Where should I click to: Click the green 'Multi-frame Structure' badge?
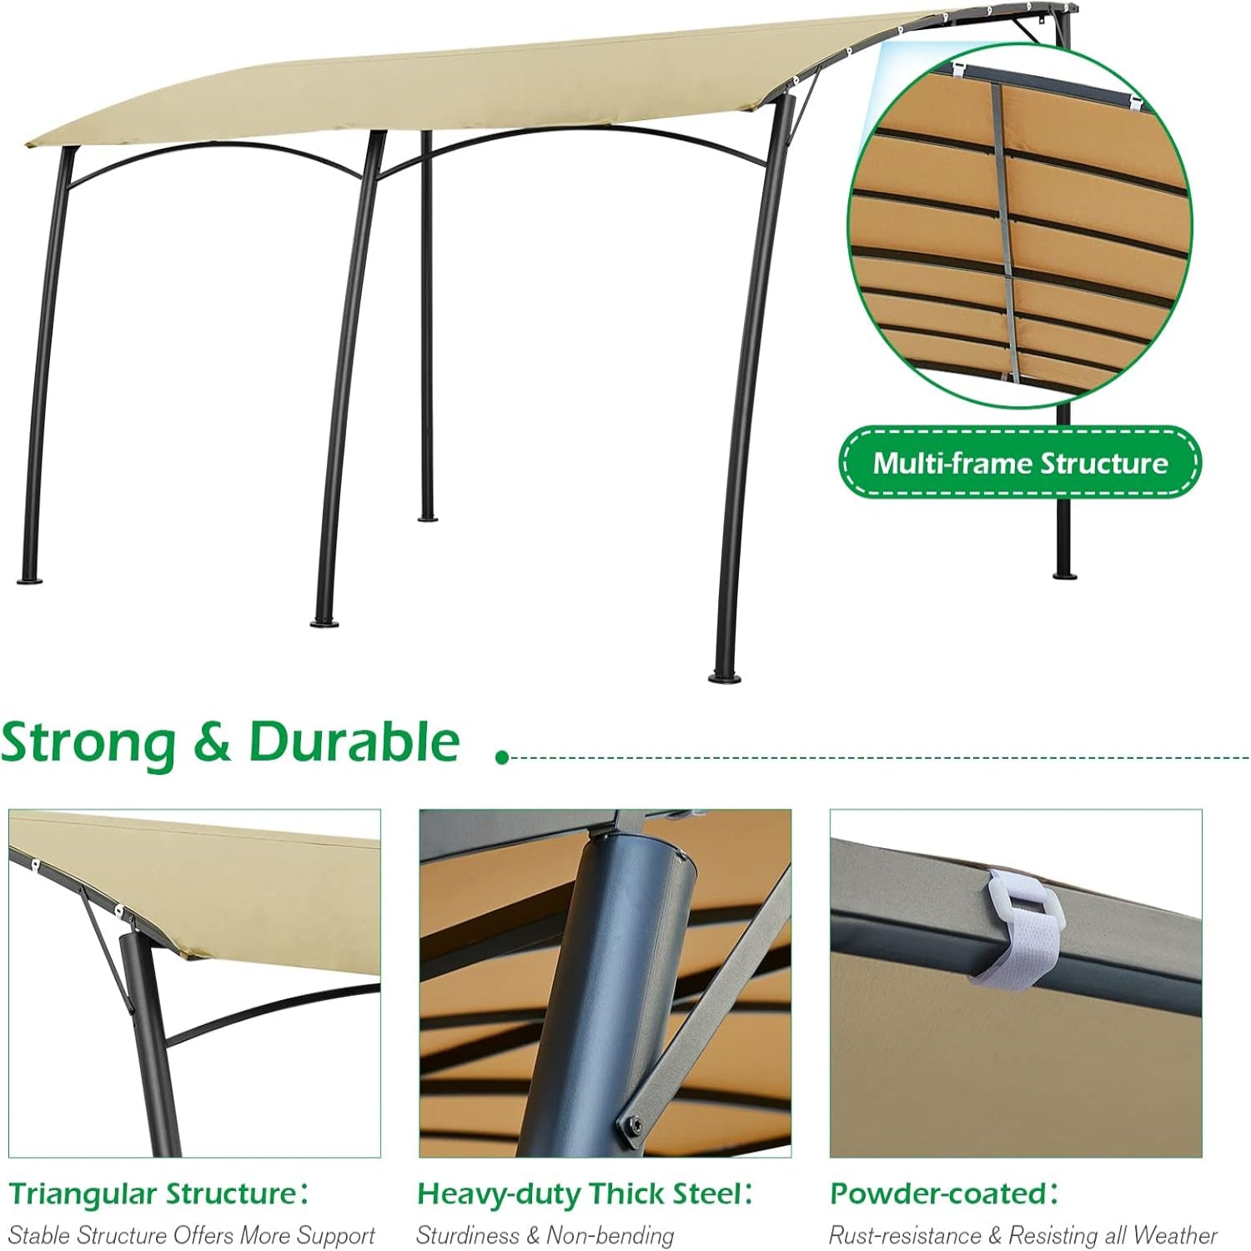pos(1019,462)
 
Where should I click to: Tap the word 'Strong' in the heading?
pos(88,742)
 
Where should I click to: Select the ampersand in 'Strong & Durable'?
pos(213,742)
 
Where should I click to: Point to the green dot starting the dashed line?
pos(501,757)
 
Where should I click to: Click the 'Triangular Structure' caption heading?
pos(154,1193)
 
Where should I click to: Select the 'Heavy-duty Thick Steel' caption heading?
pos(580,1193)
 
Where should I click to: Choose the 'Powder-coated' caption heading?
pos(939,1193)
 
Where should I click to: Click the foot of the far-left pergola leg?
pos(31,579)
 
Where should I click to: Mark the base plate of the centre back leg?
pos(428,517)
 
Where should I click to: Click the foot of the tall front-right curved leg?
pos(723,676)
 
